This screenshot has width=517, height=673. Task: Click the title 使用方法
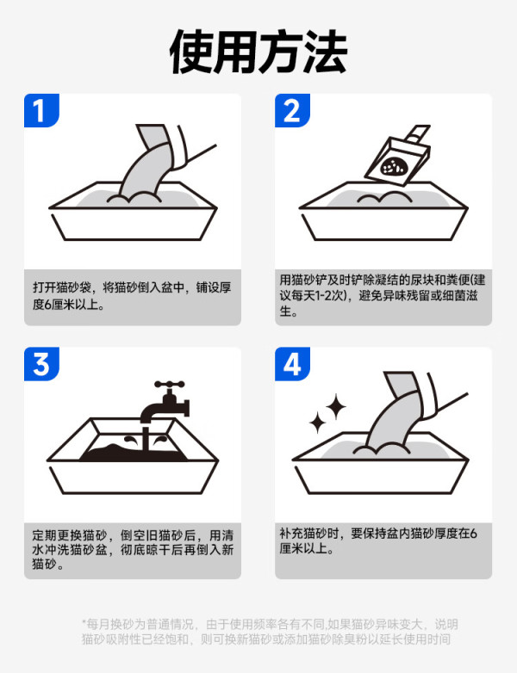(258, 52)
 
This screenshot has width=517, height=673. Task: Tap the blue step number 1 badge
(41, 110)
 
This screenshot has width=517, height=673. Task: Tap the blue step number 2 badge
(292, 110)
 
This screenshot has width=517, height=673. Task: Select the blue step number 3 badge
(41, 364)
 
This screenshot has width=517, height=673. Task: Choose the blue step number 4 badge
(292, 364)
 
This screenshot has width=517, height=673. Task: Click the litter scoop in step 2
(397, 157)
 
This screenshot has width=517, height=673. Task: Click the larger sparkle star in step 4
(335, 406)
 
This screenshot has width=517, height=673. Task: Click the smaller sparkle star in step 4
(318, 423)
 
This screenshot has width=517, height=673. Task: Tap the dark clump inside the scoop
(392, 166)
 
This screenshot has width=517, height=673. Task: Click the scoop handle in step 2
(419, 133)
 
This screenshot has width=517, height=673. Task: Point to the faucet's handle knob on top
(170, 384)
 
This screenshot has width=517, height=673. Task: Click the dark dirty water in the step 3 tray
(134, 452)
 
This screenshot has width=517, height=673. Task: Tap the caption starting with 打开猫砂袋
(132, 296)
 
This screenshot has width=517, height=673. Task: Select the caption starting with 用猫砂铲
(383, 295)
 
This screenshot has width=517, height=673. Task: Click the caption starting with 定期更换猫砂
(133, 549)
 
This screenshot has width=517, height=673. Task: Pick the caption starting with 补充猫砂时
(378, 540)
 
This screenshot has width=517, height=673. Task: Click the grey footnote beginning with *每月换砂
(270, 632)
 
